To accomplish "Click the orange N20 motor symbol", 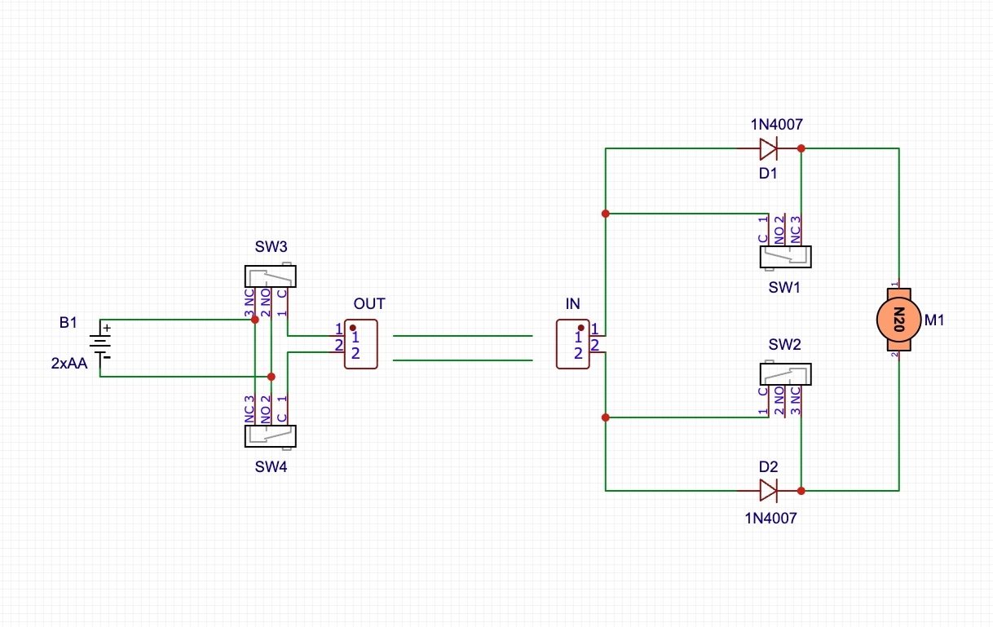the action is point(898,320).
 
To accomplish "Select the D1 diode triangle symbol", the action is point(769,148).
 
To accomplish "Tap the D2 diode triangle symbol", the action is point(769,490).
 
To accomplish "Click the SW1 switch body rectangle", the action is point(786,257).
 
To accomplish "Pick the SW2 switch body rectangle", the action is point(786,374).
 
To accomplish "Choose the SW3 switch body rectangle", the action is point(271,276).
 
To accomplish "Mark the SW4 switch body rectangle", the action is point(271,436).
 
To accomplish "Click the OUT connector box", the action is point(361,344).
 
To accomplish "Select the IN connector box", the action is point(573,344).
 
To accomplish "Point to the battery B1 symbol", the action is point(100,344).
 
